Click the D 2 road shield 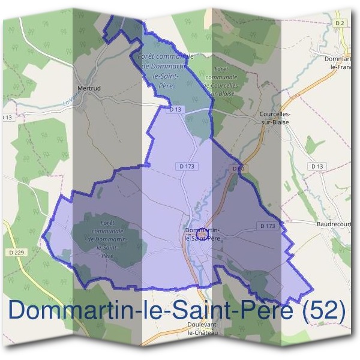click(x=340, y=22)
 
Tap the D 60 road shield click(x=237, y=169)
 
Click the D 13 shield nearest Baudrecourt click(x=317, y=166)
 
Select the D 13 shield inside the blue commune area click(x=175, y=110)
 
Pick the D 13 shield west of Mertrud click(x=7, y=117)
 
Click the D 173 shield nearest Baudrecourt click(x=268, y=226)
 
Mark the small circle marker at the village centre click(x=203, y=232)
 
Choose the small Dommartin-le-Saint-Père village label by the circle click(x=202, y=234)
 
